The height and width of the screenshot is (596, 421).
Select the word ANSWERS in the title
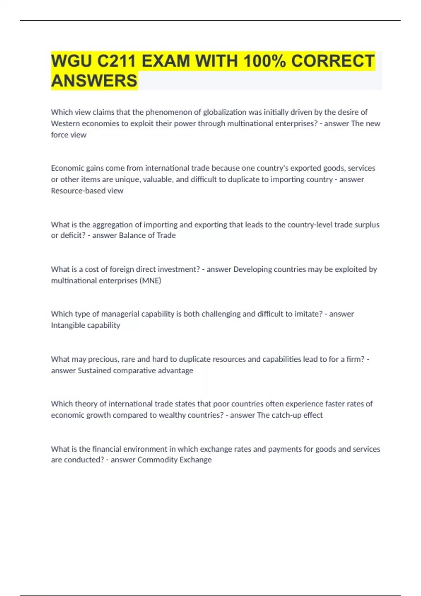tap(94, 81)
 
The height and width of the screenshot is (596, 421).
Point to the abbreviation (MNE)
tap(150, 280)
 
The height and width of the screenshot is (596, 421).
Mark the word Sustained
tap(94, 371)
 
